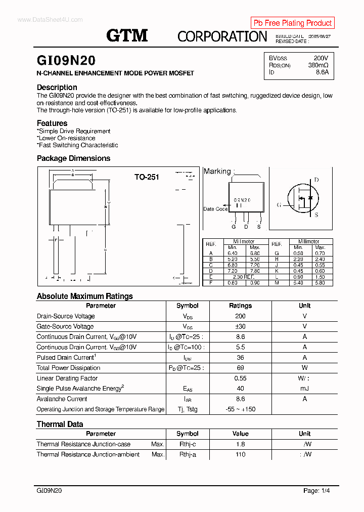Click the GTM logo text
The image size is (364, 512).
127,35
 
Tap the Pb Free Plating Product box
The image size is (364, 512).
292,23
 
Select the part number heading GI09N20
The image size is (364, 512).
66,61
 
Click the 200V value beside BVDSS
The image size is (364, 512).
321,58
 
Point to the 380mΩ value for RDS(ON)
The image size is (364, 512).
318,65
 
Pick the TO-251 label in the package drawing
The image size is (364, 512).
147,177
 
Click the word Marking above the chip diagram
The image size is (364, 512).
217,172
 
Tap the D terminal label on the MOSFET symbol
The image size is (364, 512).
316,180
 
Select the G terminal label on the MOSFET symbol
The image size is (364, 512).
279,205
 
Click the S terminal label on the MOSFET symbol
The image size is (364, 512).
316,215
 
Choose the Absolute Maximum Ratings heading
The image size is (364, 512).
84,296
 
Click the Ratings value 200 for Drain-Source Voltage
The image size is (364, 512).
240,316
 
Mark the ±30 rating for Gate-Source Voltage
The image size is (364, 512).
240,326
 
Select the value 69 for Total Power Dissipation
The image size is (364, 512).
240,368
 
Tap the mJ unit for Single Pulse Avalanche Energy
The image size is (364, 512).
304,389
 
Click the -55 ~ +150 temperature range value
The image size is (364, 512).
240,409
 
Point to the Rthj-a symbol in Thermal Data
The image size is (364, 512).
187,454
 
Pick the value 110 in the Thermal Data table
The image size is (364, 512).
240,454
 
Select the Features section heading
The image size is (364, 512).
52,123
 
